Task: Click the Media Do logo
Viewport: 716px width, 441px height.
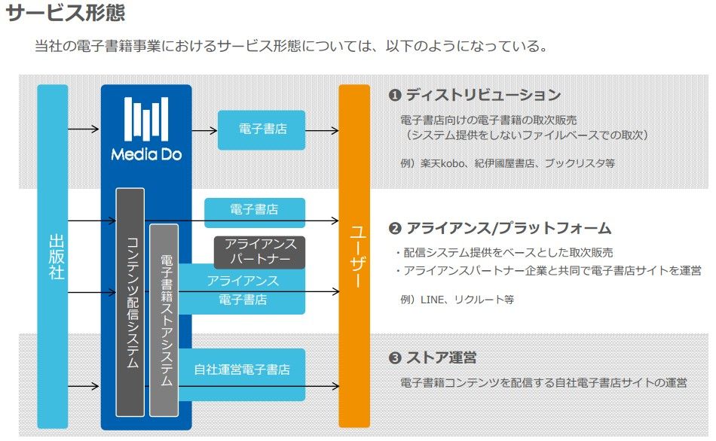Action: click(146, 129)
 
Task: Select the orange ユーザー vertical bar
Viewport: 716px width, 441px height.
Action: click(354, 256)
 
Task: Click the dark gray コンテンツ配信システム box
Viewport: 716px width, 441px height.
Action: click(130, 301)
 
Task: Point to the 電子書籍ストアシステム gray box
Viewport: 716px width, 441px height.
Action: click(164, 320)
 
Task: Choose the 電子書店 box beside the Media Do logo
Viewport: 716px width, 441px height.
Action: click(262, 129)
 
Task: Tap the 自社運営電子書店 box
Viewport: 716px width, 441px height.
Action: click(241, 370)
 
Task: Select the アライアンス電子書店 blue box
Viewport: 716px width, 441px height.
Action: click(243, 290)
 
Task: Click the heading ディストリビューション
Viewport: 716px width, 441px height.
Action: click(483, 96)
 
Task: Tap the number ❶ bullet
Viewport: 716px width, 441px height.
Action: click(394, 96)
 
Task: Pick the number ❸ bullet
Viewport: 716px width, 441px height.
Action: click(394, 358)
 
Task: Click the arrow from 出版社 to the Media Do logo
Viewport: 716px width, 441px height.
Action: click(84, 129)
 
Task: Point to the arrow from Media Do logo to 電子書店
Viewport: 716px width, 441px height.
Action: click(204, 130)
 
